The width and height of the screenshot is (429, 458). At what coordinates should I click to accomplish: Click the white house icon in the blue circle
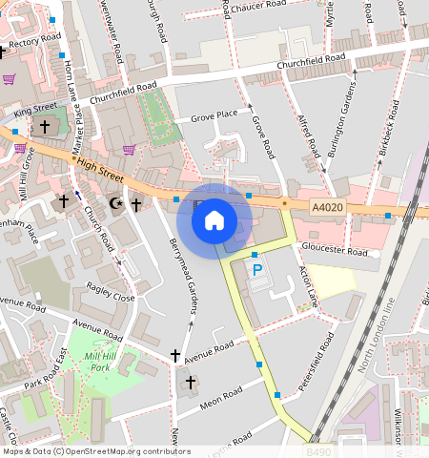[214, 220]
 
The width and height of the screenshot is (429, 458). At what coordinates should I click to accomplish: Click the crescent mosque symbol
[117, 203]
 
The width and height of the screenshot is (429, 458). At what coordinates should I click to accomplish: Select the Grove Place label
[214, 115]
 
